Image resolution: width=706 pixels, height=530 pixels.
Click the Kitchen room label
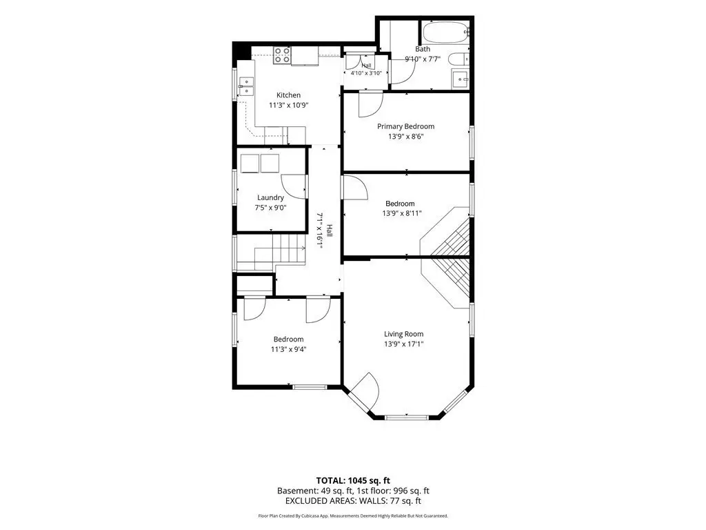pyautogui.click(x=289, y=95)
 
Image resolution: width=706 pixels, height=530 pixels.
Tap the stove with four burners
pyautogui.click(x=282, y=55)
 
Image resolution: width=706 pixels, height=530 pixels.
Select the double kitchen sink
pyautogui.click(x=246, y=86)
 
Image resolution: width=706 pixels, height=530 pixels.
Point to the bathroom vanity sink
pyautogui.click(x=460, y=79)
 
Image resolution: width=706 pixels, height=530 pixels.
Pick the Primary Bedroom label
pyautogui.click(x=405, y=127)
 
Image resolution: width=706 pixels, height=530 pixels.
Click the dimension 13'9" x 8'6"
pyautogui.click(x=406, y=137)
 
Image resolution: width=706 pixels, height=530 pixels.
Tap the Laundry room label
pyautogui.click(x=270, y=197)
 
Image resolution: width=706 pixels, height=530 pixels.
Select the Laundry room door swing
pyautogui.click(x=293, y=186)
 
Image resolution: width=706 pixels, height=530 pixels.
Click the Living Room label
pyautogui.click(x=404, y=334)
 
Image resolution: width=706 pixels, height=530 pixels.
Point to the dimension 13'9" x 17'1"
pyautogui.click(x=404, y=344)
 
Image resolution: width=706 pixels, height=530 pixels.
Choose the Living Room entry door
pyautogui.click(x=365, y=389)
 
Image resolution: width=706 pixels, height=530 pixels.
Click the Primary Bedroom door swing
pyautogui.click(x=370, y=104)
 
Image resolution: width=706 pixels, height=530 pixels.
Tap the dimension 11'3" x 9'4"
pyautogui.click(x=289, y=349)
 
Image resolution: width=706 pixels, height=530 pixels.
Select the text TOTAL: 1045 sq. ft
pyautogui.click(x=353, y=480)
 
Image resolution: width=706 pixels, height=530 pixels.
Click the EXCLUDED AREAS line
pyautogui.click(x=353, y=501)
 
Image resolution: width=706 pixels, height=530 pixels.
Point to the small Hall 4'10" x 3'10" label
pyautogui.click(x=367, y=70)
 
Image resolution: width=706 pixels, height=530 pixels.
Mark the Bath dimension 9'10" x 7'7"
pyautogui.click(x=423, y=59)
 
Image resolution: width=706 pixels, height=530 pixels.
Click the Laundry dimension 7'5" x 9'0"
pyautogui.click(x=270, y=208)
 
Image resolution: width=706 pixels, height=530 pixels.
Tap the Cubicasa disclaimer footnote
pyautogui.click(x=353, y=516)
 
